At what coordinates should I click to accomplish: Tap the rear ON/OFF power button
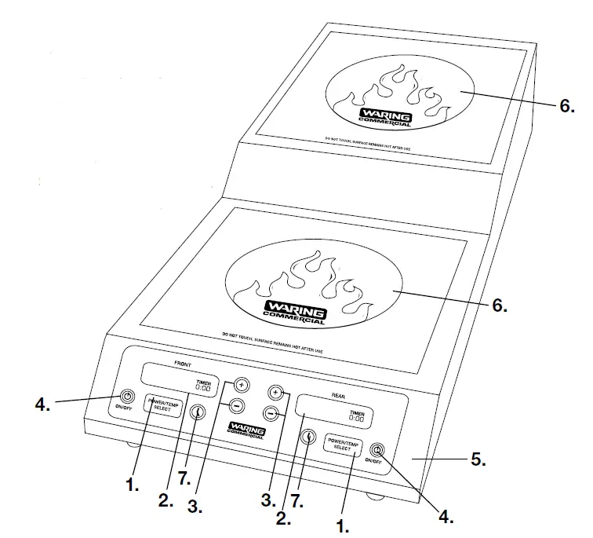(x=379, y=451)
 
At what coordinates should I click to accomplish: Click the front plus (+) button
(x=241, y=386)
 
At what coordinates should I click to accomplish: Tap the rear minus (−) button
(x=270, y=412)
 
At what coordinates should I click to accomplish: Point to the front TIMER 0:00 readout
(x=202, y=385)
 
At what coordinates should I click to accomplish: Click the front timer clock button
(x=199, y=412)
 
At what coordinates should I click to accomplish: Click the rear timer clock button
(x=309, y=438)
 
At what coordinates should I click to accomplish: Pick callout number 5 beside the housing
(x=478, y=461)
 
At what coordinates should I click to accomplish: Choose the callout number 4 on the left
(x=42, y=407)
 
